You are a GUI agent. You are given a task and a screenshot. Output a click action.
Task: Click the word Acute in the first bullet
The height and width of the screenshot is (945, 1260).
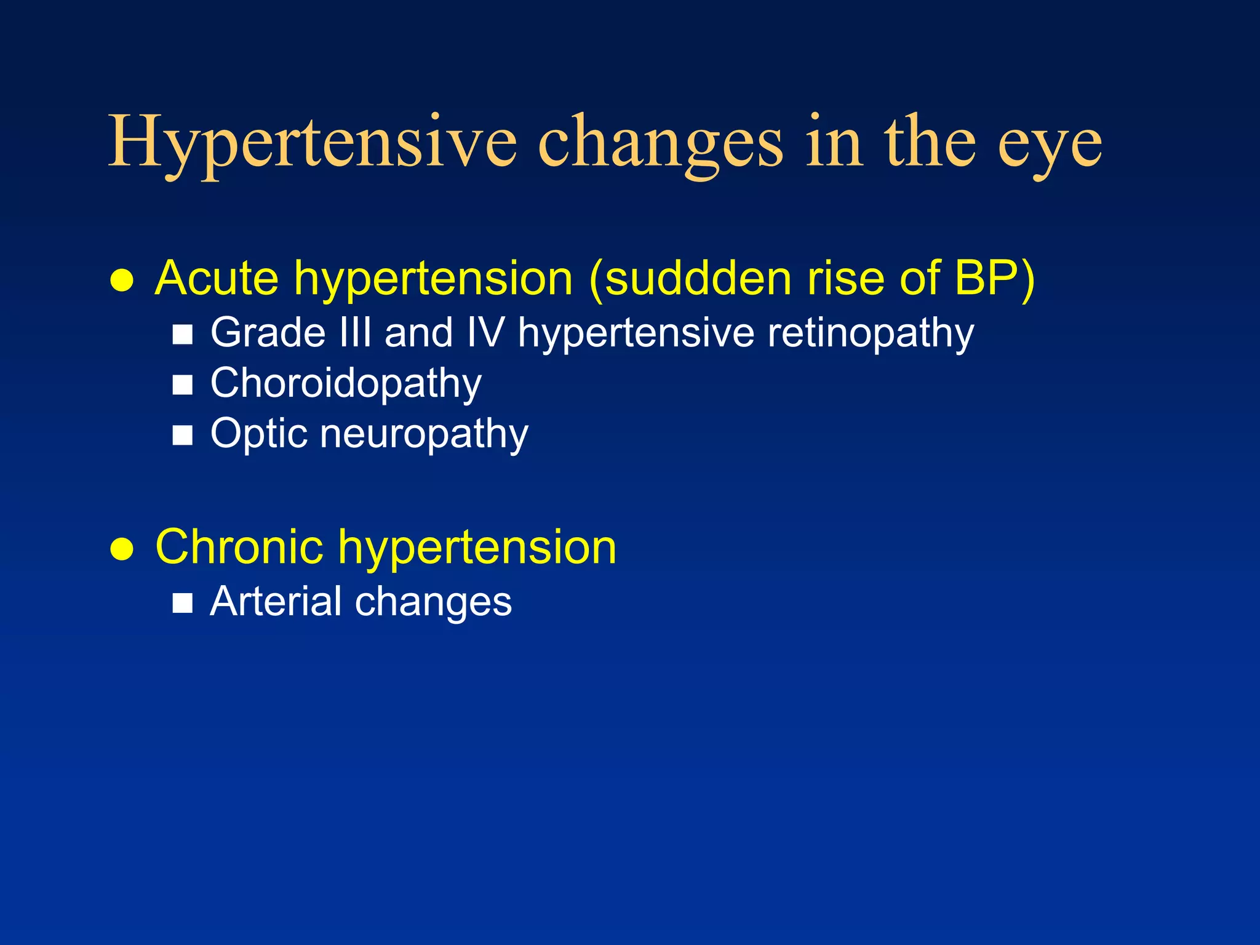tap(217, 279)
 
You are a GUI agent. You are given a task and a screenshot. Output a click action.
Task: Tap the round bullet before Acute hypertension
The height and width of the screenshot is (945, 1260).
tap(122, 281)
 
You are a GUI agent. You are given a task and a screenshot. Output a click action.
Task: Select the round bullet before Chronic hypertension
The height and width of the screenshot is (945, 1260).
tap(122, 549)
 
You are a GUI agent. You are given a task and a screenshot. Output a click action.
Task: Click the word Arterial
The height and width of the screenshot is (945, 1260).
tap(275, 601)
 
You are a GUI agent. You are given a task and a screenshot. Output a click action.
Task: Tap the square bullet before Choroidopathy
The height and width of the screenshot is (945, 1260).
tap(183, 386)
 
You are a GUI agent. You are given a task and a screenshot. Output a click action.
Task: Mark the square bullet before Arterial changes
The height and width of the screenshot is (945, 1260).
tap(183, 604)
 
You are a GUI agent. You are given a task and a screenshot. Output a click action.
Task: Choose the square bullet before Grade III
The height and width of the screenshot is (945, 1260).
tap(183, 335)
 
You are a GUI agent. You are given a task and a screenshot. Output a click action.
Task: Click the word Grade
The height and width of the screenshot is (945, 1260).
tap(268, 333)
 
